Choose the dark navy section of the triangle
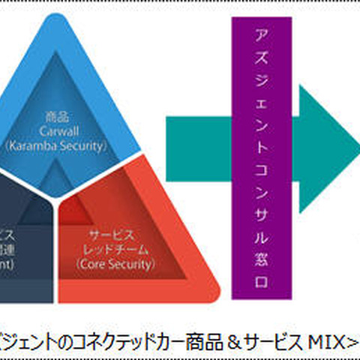coord(22,247)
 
